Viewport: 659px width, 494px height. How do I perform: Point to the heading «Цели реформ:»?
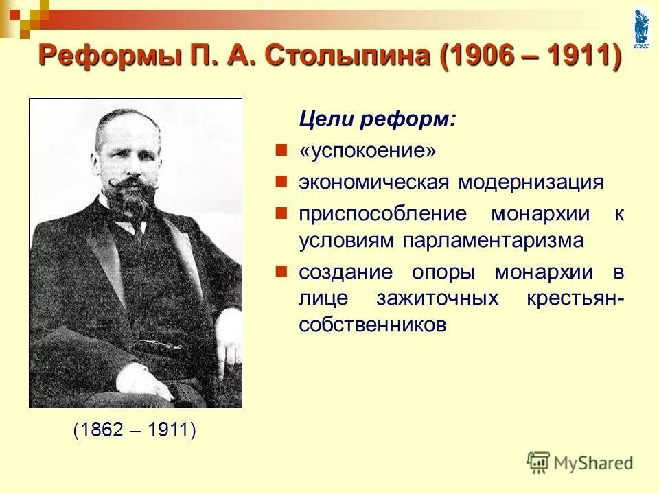point(377,119)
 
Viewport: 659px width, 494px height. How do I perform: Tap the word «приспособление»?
point(382,213)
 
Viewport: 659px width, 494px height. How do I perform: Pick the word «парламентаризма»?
point(493,240)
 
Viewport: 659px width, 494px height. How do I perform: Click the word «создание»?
point(345,272)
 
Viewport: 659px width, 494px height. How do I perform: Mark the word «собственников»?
point(373,325)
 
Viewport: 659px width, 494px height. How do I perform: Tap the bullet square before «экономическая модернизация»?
point(280,180)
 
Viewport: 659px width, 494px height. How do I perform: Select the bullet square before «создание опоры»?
point(280,270)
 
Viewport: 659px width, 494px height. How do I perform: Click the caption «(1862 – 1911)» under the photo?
point(135,430)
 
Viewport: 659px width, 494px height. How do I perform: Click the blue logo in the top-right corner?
point(641,27)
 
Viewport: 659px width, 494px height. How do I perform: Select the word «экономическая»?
point(373,182)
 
